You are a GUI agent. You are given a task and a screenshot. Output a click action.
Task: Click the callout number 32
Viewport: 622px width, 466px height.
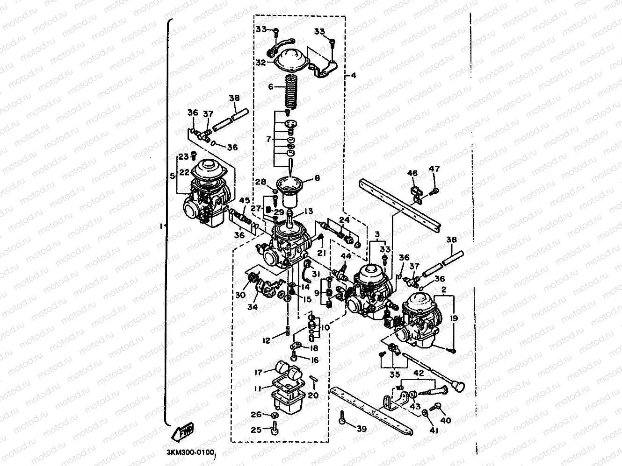[x=261, y=62]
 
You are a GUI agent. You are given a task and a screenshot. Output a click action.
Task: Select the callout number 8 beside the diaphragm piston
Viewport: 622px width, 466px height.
[x=317, y=178]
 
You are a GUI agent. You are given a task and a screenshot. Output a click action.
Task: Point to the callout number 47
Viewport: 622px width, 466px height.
[x=434, y=169]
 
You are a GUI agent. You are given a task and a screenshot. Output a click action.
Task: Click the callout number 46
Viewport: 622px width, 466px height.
[x=412, y=174]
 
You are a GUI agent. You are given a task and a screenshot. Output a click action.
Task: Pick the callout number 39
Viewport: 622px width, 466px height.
[x=361, y=429]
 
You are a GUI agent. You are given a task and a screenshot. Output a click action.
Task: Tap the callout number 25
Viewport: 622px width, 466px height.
[x=256, y=429]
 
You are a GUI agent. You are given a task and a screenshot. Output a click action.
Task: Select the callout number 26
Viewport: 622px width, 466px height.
[x=256, y=414]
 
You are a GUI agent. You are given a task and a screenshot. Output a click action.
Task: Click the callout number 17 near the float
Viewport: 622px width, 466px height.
[x=258, y=373]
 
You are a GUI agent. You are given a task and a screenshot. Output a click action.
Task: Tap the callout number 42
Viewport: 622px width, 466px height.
[x=418, y=373]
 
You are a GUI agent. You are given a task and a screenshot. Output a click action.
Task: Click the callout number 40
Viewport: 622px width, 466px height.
[x=446, y=420]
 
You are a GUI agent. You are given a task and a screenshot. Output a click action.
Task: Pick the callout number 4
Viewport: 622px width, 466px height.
[x=354, y=75]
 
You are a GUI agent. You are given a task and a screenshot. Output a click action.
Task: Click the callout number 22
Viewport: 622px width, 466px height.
[x=184, y=172]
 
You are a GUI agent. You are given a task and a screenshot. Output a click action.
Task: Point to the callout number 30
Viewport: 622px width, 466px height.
[x=240, y=295]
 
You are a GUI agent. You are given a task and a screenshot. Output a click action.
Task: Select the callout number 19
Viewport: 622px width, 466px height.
[x=455, y=318]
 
